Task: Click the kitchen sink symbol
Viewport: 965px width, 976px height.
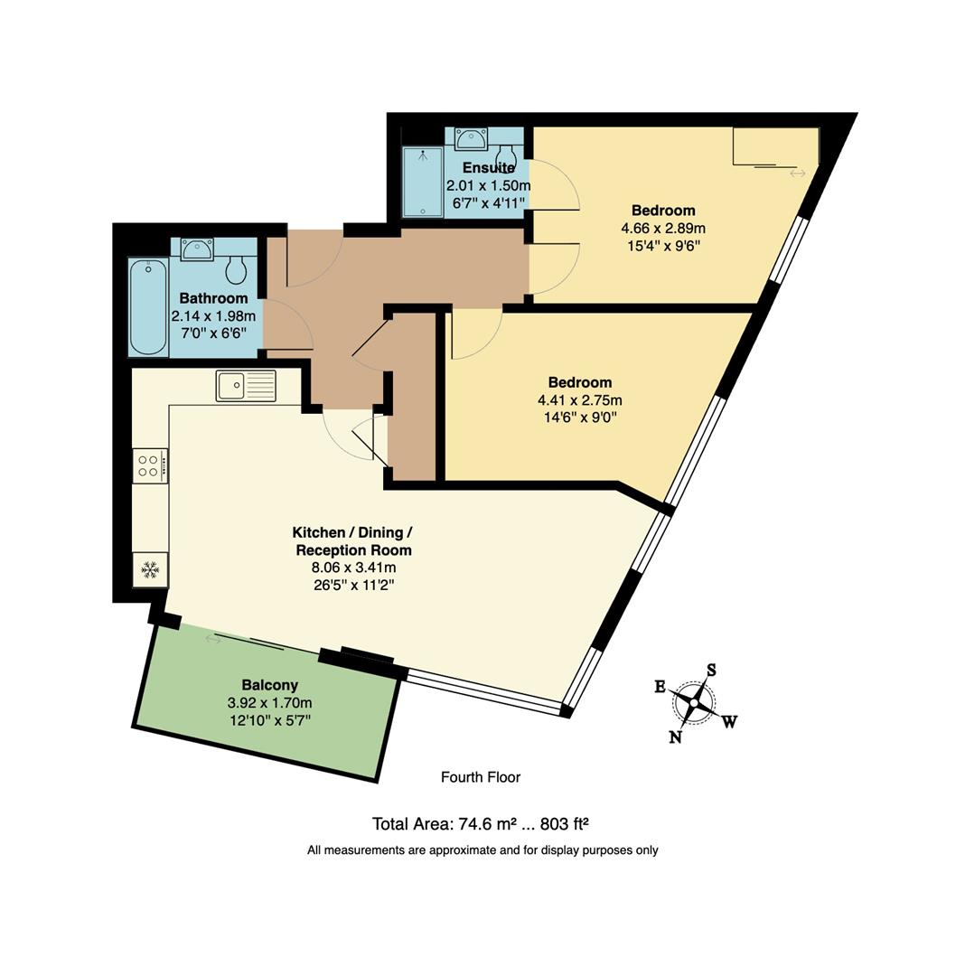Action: (x=246, y=386)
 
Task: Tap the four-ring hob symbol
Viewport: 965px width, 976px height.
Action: (x=150, y=465)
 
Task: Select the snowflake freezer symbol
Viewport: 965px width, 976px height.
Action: (x=150, y=569)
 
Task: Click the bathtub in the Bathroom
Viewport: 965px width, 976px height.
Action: (x=147, y=307)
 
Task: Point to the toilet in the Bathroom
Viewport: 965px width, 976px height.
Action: (x=237, y=268)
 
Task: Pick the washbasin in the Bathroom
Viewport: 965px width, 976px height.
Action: (x=196, y=249)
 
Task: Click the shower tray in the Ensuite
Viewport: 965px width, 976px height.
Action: (x=422, y=182)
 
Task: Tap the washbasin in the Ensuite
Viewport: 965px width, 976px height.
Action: (x=471, y=138)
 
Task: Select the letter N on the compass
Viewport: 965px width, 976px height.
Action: (x=675, y=737)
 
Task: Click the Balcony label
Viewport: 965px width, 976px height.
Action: (x=269, y=685)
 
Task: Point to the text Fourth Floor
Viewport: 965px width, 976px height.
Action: (x=481, y=777)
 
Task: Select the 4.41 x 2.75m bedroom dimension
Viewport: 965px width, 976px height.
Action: (x=579, y=400)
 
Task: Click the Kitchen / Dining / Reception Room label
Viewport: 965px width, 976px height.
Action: (x=352, y=541)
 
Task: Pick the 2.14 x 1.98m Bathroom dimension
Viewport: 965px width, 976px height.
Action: (x=213, y=316)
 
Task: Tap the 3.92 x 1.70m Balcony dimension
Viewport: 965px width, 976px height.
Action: (x=269, y=703)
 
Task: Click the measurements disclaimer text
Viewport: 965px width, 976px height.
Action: (x=482, y=850)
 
